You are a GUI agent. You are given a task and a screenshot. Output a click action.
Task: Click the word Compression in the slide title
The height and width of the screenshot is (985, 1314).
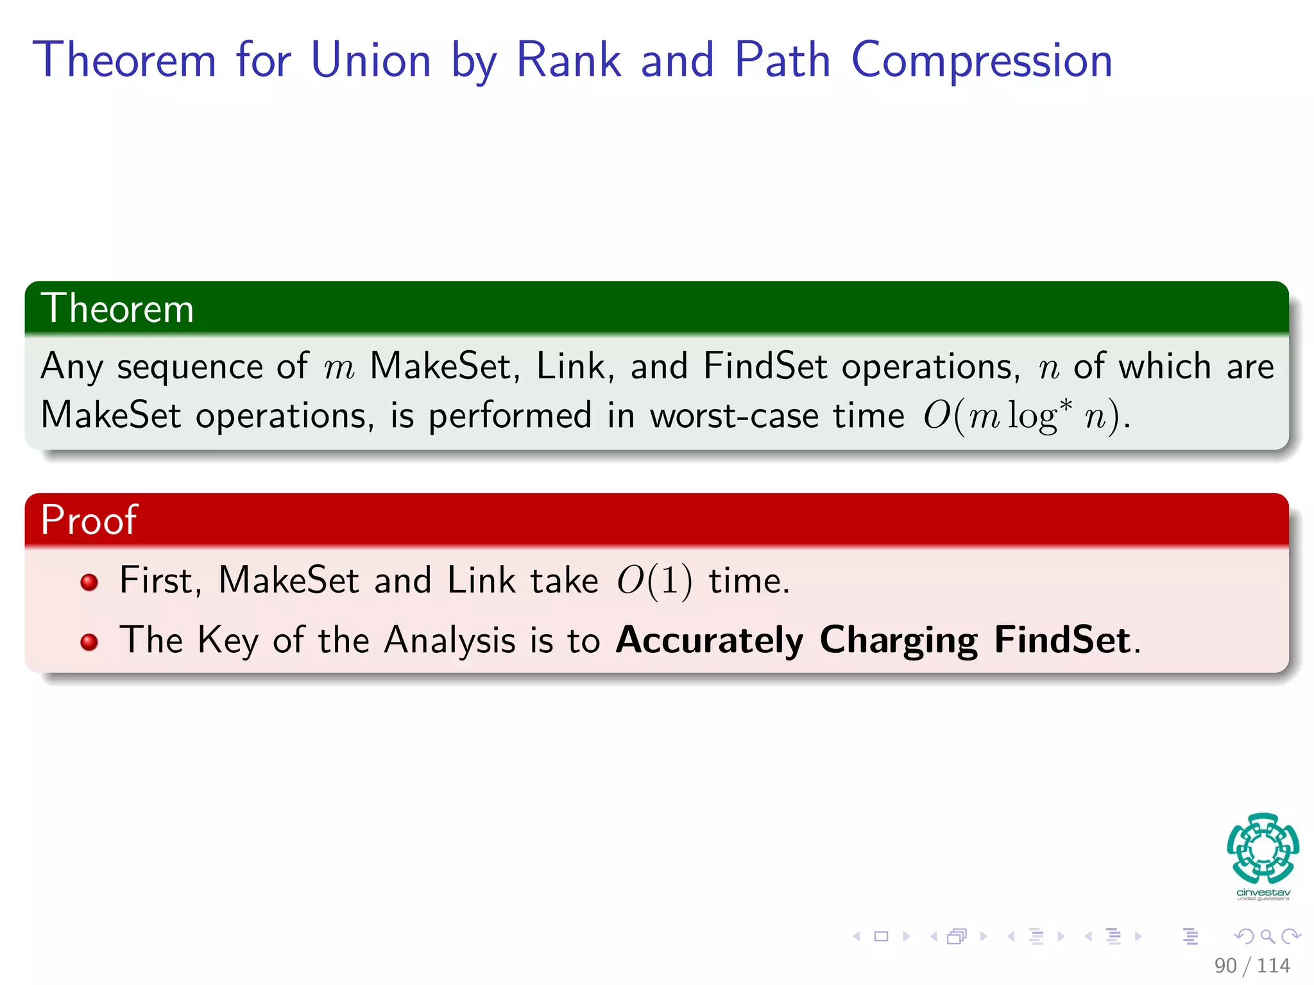(982, 61)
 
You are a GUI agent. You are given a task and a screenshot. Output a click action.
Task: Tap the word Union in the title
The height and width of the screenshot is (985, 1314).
(370, 61)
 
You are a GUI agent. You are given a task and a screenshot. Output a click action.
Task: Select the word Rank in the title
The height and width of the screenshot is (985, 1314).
(568, 61)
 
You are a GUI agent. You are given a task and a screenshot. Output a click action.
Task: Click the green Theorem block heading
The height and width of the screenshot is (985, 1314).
(117, 308)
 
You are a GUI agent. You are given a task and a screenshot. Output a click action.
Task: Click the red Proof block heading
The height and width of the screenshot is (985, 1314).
(89, 519)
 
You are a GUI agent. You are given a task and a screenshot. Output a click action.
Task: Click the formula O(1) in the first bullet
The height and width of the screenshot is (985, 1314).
(654, 581)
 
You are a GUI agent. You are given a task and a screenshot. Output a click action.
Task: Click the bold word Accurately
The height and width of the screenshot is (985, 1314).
(709, 641)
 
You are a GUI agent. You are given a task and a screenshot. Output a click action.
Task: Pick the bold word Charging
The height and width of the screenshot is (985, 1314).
(898, 641)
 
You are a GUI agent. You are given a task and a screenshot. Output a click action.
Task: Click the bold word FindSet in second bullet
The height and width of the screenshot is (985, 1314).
(1062, 641)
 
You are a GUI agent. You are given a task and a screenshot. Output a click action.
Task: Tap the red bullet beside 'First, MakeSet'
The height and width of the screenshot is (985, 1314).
(89, 582)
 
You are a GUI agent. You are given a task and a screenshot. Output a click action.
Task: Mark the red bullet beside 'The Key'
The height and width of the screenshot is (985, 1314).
(89, 642)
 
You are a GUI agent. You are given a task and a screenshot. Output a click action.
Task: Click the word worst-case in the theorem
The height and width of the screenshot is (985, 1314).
(734, 416)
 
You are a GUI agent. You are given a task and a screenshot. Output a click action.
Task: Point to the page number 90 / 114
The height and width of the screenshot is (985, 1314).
(1252, 965)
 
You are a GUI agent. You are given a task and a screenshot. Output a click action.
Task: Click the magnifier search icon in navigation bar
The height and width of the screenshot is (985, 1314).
(1267, 936)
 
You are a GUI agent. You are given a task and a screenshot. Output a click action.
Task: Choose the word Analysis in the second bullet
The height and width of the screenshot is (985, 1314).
(449, 641)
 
